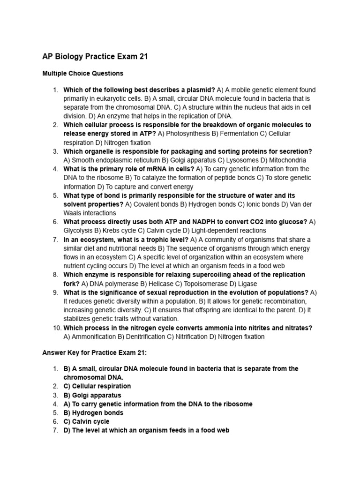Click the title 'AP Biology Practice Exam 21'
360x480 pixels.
point(95,57)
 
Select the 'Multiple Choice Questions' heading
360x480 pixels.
point(83,74)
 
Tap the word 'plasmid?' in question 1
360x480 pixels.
point(201,90)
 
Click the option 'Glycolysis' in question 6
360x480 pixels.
point(78,231)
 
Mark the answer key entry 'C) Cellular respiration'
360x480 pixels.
point(97,386)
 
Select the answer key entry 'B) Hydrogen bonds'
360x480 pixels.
point(93,413)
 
